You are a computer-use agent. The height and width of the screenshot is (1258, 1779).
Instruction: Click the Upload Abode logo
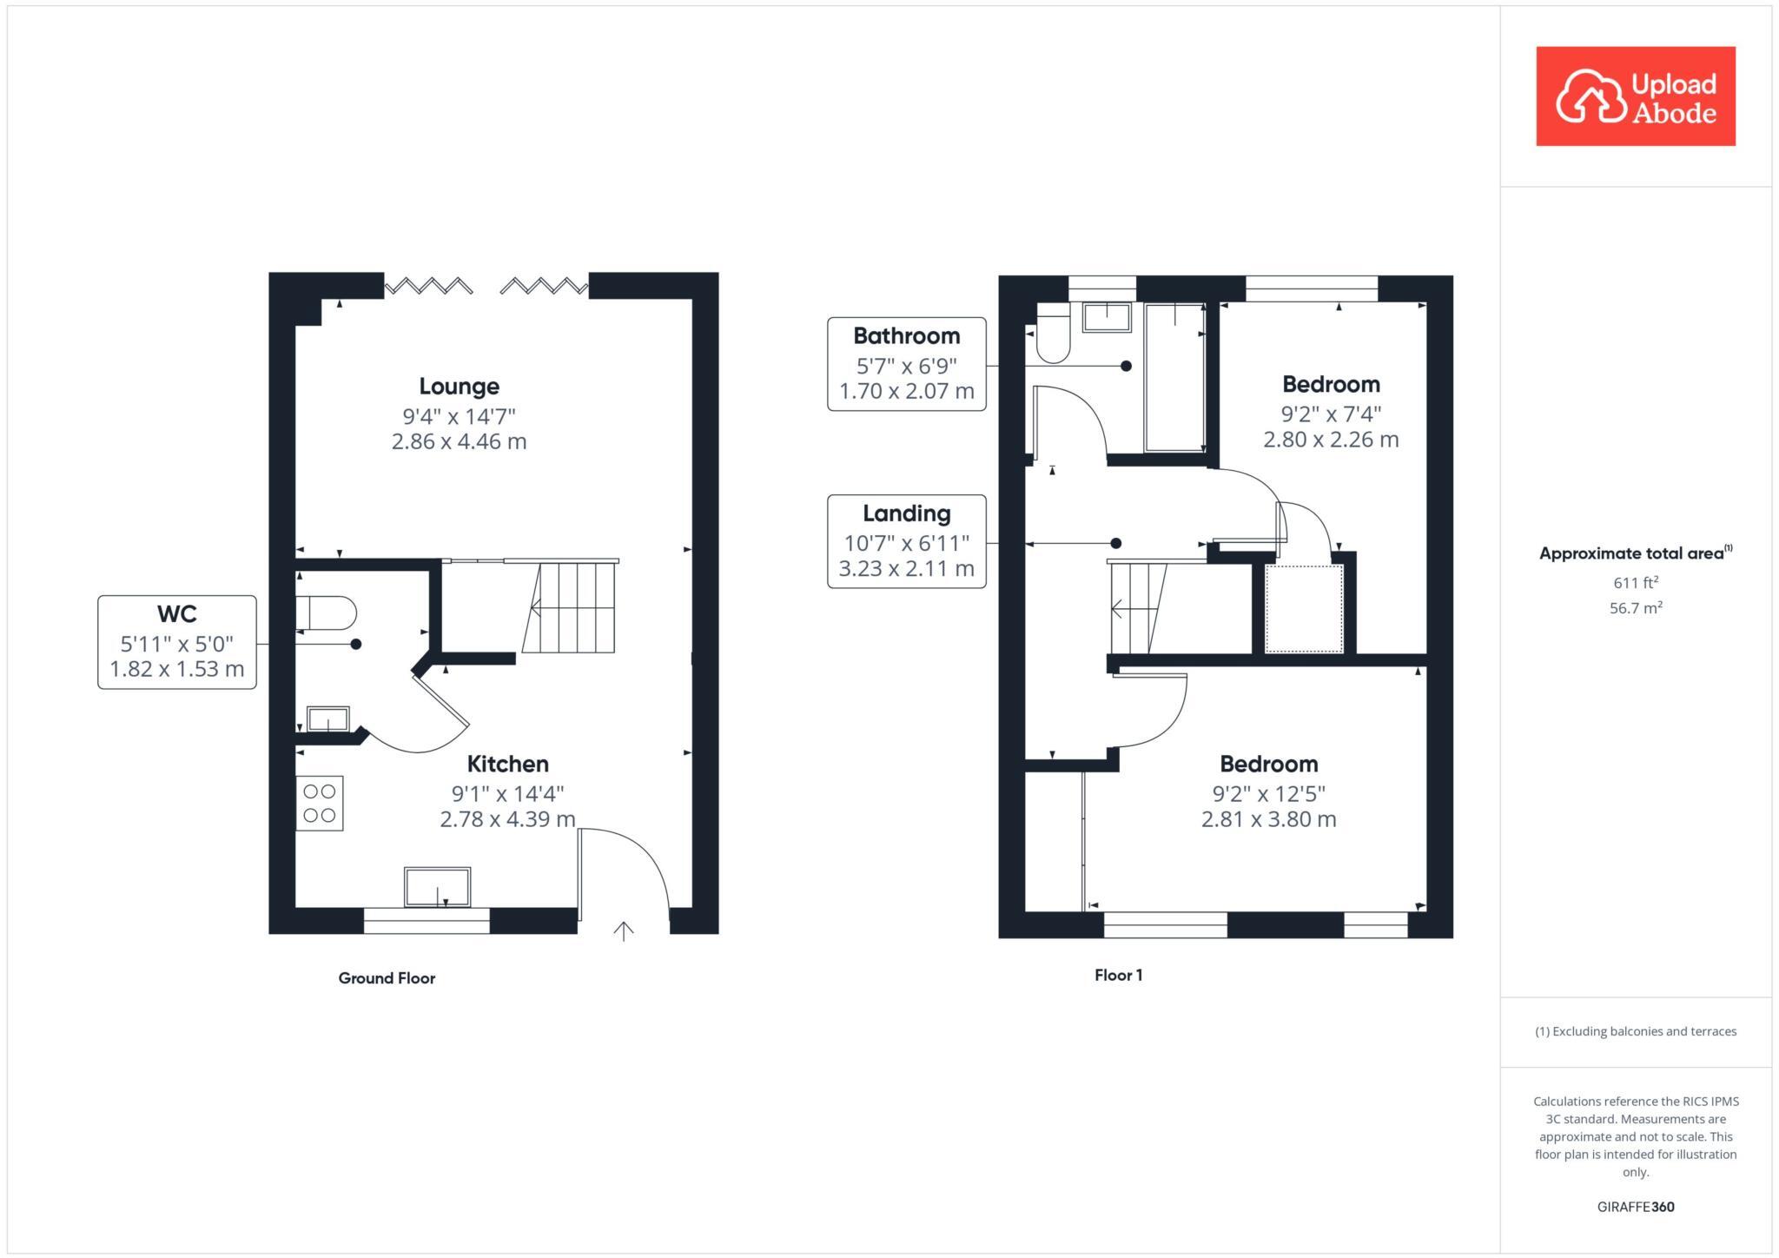point(1635,96)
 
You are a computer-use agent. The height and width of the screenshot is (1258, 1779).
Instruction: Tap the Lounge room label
point(459,387)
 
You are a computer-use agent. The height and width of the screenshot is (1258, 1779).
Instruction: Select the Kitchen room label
point(507,765)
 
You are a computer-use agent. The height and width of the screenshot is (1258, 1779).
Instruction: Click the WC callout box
point(177,642)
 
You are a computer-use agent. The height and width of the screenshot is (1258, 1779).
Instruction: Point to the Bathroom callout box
point(906,364)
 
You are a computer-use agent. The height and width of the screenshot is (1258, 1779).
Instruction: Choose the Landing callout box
point(906,541)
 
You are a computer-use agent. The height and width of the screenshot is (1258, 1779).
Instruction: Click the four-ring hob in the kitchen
point(320,803)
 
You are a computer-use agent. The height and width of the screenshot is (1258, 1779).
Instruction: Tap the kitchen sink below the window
point(437,887)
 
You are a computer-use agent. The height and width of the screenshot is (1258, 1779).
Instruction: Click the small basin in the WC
point(327,719)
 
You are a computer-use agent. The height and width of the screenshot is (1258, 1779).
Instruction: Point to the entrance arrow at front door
point(623,931)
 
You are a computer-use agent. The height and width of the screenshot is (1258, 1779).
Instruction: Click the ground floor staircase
point(570,606)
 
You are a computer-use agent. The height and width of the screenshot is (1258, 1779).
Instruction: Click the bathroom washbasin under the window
point(1107,317)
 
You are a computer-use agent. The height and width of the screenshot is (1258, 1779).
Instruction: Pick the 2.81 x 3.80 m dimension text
point(1268,819)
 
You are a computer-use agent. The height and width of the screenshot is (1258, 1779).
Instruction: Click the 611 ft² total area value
point(1635,583)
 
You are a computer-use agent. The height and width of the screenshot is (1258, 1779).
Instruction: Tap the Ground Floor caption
point(387,978)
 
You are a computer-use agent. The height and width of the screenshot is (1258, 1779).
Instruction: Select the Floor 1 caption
point(1118,975)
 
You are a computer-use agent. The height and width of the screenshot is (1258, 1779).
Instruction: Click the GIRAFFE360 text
point(1635,1207)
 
